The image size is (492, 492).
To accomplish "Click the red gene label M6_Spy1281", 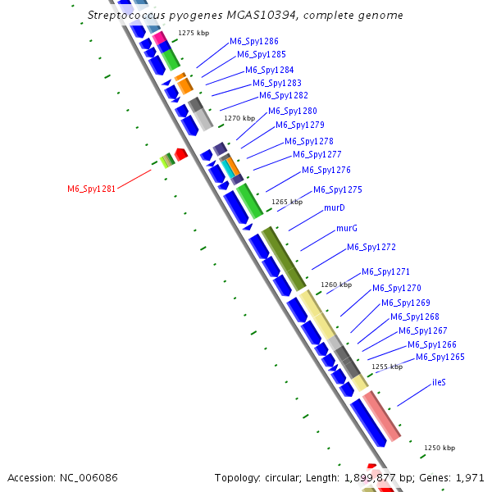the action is pyautogui.click(x=91, y=189).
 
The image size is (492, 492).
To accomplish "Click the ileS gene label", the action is pyautogui.click(x=440, y=383).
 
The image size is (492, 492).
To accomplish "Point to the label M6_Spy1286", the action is pyautogui.click(x=253, y=41).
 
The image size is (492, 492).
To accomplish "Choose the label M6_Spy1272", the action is pyautogui.click(x=371, y=247).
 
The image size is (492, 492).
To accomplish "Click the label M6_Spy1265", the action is pyautogui.click(x=440, y=357).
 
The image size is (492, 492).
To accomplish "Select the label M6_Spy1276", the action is pyautogui.click(x=326, y=170).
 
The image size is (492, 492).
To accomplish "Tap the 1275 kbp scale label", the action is pyautogui.click(x=194, y=34).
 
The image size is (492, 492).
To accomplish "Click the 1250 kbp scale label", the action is pyautogui.click(x=439, y=448).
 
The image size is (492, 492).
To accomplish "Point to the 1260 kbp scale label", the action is pyautogui.click(x=336, y=285).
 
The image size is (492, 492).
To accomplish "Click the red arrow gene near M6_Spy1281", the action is pyautogui.click(x=181, y=154).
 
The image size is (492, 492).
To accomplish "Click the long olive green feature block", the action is pyautogui.click(x=284, y=257).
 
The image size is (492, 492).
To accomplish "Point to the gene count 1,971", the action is pyautogui.click(x=470, y=477).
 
